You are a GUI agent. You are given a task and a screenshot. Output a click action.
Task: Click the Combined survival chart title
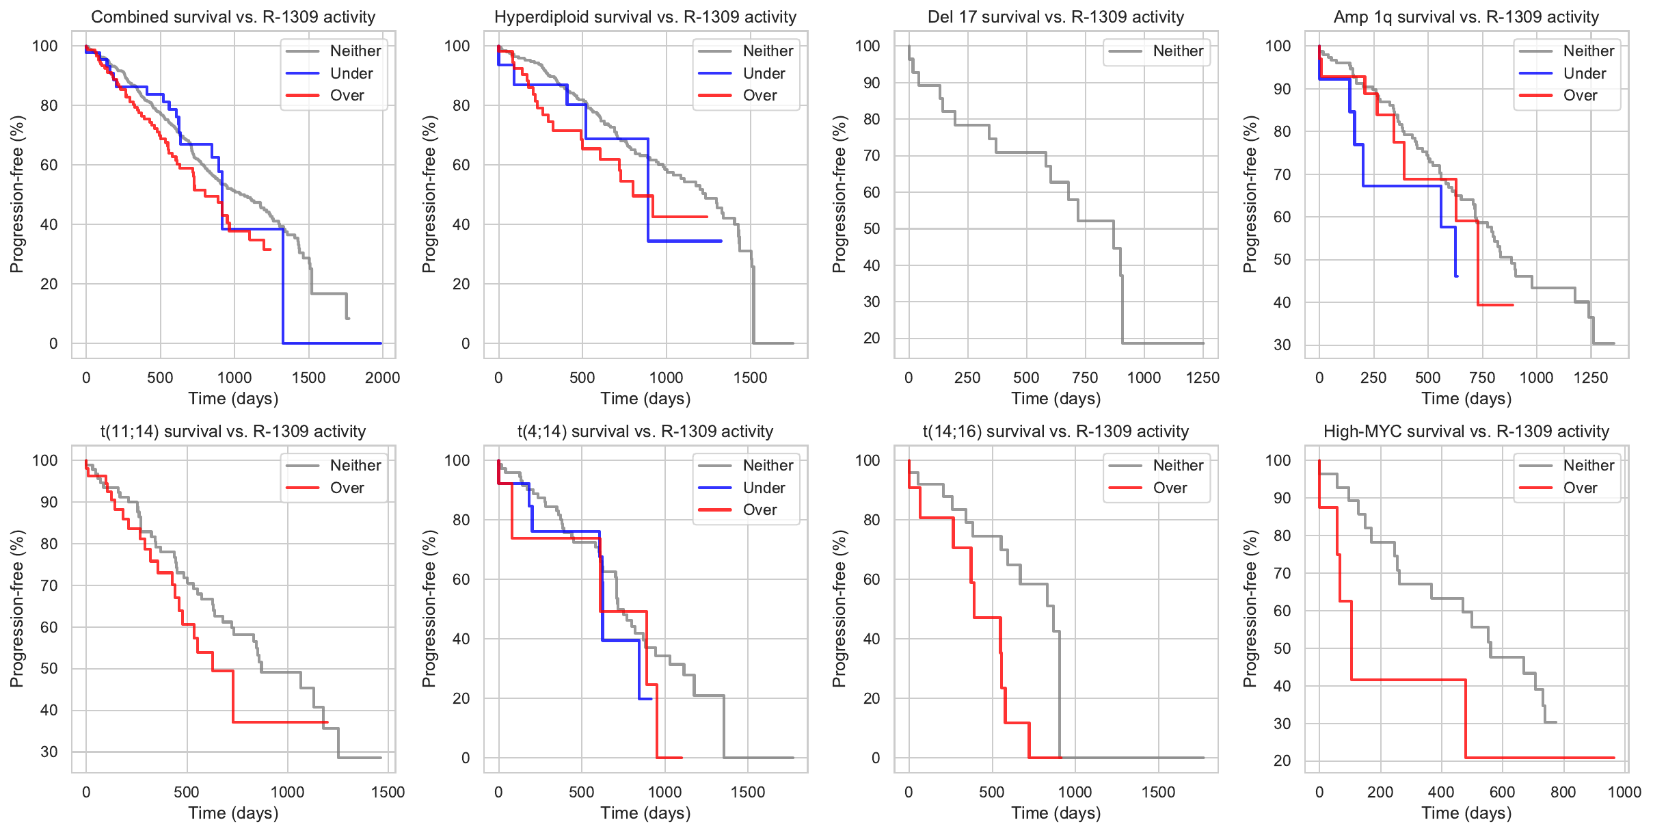[233, 17]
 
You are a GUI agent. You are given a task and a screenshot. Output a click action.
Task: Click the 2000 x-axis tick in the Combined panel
[382, 378]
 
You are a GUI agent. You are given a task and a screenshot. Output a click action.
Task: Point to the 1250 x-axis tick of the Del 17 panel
[1202, 378]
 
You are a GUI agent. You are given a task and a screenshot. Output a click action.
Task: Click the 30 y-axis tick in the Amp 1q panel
[1282, 345]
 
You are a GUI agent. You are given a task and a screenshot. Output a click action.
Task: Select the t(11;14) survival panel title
[233, 432]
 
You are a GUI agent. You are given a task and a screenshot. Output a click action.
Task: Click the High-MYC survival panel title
[1466, 432]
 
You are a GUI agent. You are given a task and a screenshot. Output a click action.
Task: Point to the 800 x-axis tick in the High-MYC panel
[1563, 792]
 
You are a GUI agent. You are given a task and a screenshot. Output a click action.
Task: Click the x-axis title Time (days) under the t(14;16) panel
[1056, 812]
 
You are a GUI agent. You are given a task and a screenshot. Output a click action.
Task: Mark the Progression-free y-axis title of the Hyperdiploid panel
[429, 194]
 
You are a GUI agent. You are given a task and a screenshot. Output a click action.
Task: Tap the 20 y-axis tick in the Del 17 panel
[872, 338]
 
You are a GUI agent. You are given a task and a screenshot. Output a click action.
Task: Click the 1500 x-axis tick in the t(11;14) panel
[388, 792]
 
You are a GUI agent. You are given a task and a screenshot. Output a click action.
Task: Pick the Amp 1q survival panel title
[1466, 17]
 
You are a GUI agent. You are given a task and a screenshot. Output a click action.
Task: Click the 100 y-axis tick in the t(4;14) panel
[457, 460]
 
